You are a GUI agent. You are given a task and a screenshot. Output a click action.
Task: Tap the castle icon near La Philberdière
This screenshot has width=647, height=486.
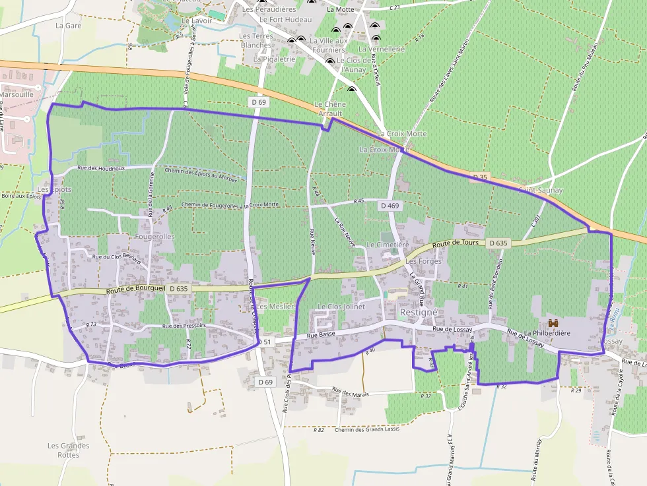point(553,323)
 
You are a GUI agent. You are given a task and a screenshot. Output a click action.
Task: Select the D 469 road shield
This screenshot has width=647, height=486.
point(390,206)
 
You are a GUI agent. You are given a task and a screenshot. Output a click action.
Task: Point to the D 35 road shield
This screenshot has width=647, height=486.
point(480,177)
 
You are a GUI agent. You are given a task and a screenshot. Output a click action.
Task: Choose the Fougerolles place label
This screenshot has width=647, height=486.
point(154,236)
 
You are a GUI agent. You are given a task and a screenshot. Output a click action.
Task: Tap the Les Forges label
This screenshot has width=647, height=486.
point(423,261)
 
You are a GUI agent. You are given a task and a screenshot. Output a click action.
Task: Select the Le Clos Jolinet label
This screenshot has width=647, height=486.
point(341,307)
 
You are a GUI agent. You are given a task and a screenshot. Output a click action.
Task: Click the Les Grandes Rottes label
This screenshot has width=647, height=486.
point(68,450)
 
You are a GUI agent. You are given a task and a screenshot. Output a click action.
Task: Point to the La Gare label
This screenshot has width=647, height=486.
point(68,26)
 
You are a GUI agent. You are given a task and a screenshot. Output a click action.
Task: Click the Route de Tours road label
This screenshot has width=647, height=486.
point(456,244)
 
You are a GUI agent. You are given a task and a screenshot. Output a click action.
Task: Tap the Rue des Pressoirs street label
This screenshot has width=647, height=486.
point(184,326)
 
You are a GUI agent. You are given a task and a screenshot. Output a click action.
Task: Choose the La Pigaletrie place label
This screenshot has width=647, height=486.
point(274,59)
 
